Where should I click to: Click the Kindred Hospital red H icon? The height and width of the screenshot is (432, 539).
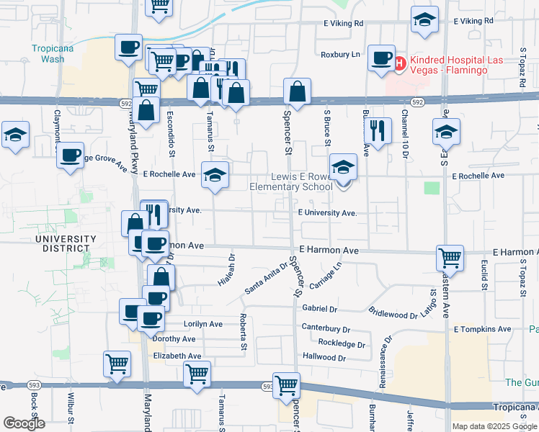400,63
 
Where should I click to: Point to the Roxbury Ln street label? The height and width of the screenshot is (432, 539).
340,54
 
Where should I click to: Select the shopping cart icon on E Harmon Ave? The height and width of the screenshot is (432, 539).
450,256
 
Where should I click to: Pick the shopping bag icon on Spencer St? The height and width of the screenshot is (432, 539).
296,91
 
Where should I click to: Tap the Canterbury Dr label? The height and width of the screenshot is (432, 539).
326,328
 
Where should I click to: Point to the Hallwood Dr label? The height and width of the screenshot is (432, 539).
324,357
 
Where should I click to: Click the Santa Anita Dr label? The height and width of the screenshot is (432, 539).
266,278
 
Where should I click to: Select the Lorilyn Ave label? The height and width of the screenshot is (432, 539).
203,324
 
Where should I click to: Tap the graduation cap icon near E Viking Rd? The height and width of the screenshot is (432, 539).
424,21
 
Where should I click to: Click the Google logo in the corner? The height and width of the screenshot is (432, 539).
24,423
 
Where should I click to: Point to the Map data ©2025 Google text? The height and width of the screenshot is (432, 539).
494,426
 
